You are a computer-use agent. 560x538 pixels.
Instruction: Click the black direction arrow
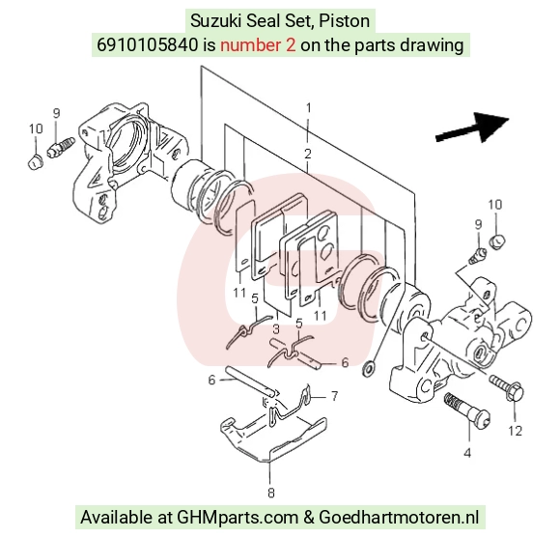click(472, 128)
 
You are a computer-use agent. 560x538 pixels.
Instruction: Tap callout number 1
click(308, 107)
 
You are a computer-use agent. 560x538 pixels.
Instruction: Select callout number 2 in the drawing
click(307, 154)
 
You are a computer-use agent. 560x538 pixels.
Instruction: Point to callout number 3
click(276, 329)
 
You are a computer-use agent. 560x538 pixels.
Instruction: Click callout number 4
click(467, 453)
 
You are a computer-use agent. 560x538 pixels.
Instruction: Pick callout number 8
click(271, 493)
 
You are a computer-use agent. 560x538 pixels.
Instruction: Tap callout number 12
click(515, 431)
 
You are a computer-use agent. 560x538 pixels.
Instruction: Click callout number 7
click(334, 396)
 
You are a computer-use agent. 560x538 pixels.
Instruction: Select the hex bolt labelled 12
click(507, 388)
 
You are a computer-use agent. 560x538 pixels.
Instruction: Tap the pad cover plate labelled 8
click(273, 439)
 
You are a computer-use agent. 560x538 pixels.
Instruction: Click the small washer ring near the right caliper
click(368, 368)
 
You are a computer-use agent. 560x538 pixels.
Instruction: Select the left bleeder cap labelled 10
click(35, 162)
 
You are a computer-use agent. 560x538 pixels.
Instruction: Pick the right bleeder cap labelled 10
click(497, 242)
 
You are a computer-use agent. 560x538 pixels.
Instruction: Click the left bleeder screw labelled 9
click(61, 147)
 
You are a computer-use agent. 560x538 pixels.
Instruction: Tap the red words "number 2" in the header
click(258, 45)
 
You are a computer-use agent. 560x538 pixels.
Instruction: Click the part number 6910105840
click(147, 45)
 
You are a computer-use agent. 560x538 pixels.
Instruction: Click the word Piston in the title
click(345, 21)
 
